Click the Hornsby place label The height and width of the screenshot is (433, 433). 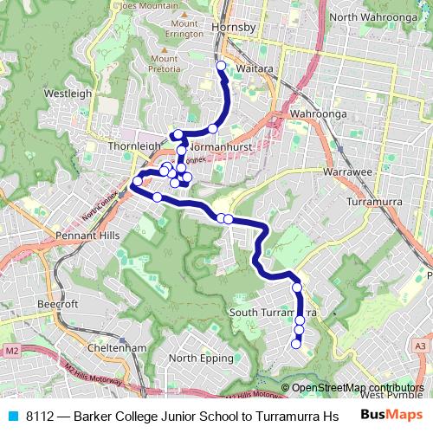point(234,27)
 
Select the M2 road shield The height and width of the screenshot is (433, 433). point(10,351)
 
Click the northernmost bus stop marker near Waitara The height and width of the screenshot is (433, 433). point(221,66)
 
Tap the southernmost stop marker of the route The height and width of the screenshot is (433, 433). point(295,344)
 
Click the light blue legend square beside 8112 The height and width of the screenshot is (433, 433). point(11,415)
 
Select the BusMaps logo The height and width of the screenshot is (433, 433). point(391,415)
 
